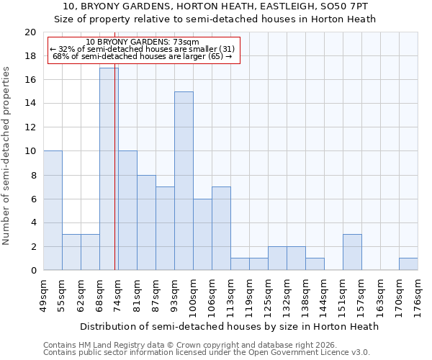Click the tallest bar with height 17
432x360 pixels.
coord(109,169)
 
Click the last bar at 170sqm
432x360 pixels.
coord(408,264)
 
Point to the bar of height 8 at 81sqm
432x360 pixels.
coord(146,222)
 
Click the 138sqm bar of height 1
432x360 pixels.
coord(315,264)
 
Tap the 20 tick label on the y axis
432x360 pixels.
coord(30,32)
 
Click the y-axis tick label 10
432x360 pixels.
coord(30,151)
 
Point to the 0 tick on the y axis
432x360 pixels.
coord(33,270)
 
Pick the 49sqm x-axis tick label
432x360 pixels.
coord(43,292)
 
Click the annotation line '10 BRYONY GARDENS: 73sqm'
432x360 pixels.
coord(142,42)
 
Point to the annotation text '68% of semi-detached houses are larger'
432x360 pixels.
coord(142,56)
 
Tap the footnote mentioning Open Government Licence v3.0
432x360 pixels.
coord(207,353)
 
